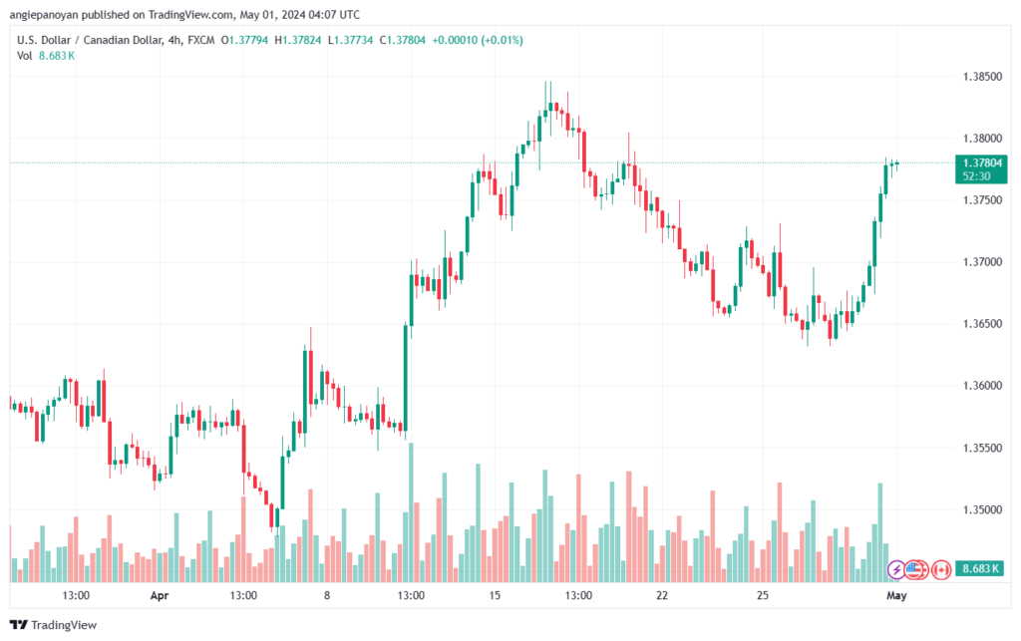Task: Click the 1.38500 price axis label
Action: (982, 77)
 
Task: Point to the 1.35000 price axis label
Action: (982, 509)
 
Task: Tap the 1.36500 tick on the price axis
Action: (982, 324)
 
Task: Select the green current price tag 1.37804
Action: (981, 169)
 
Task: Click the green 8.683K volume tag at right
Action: (981, 569)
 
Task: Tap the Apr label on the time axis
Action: (160, 595)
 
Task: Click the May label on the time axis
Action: (896, 595)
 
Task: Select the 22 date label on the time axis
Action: (662, 595)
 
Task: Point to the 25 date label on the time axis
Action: (763, 595)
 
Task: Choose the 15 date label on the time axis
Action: (495, 595)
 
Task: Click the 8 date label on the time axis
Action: (327, 595)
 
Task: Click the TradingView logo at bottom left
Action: (54, 625)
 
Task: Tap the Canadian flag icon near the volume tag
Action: (941, 570)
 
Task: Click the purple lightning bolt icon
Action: (896, 570)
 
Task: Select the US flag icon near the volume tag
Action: (916, 570)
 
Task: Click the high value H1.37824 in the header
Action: (297, 40)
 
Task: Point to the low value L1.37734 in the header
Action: (350, 40)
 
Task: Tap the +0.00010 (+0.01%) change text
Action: (478, 40)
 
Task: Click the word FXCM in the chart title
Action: (201, 40)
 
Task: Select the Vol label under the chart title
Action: (24, 56)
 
